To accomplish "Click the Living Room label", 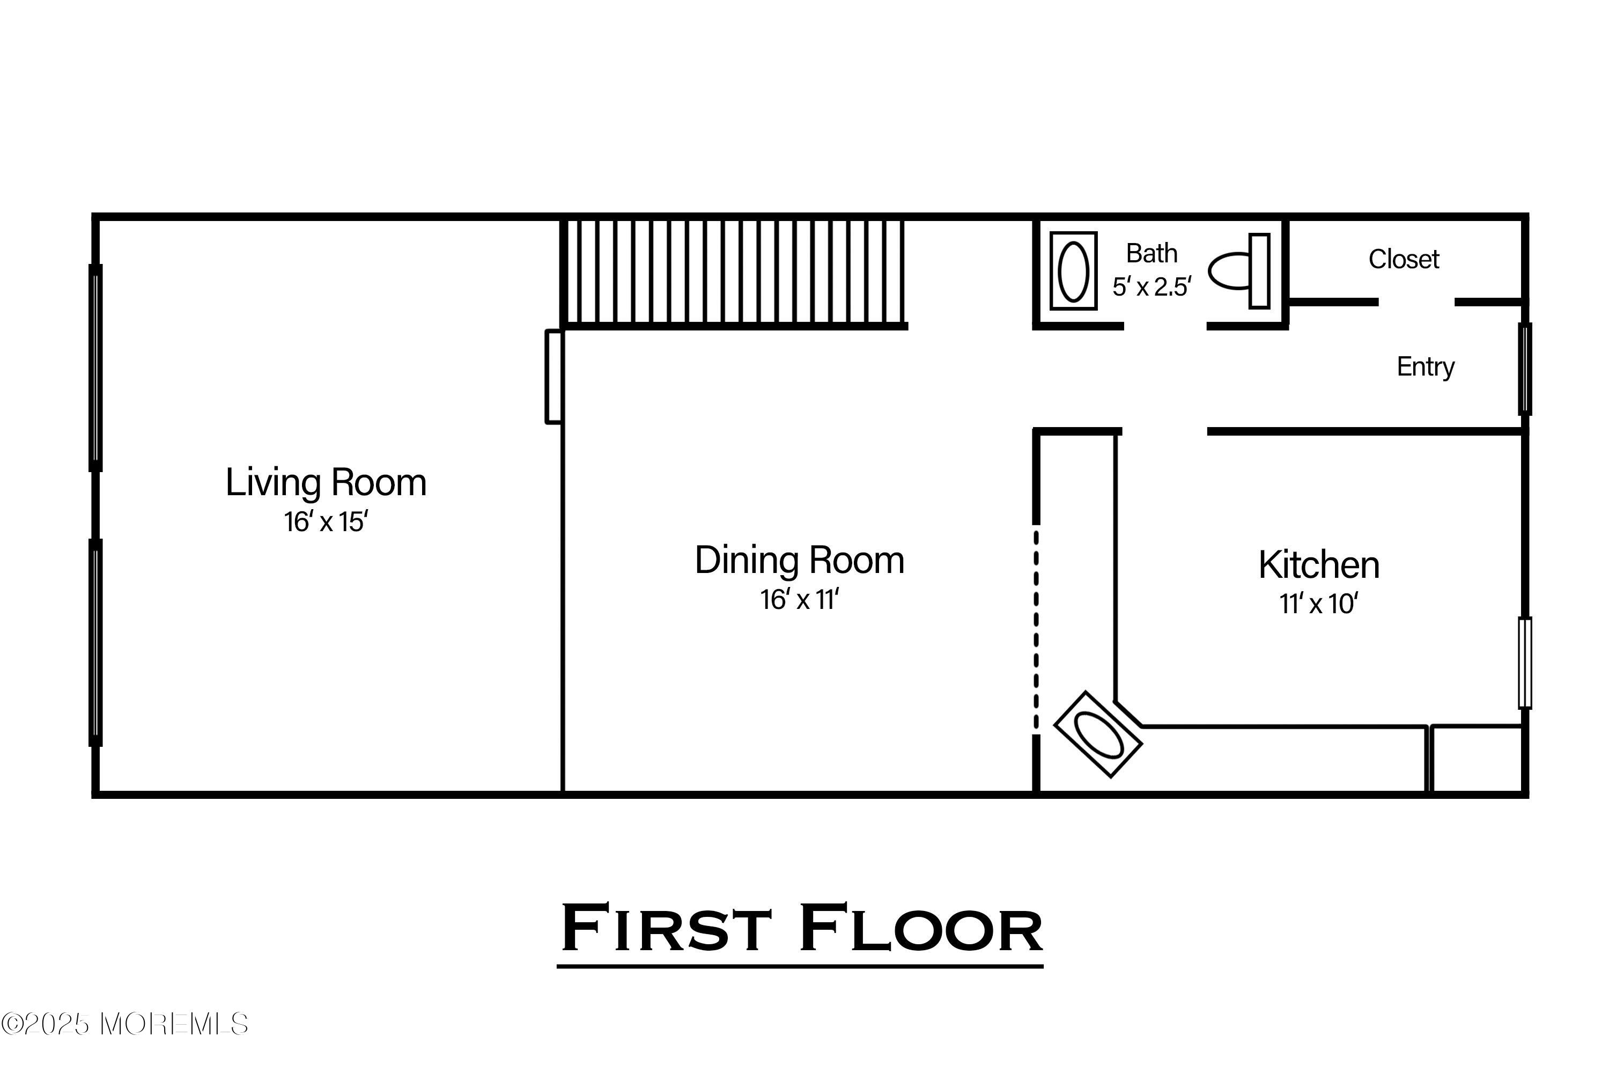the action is pos(326,482).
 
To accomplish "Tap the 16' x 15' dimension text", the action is pos(326,522).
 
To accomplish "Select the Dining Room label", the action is pos(799,561).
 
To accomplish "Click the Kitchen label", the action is pos(1319,565).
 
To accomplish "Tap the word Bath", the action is pos(1152,254).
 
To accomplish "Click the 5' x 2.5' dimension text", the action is pos(1152,286).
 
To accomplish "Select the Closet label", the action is pos(1404,259).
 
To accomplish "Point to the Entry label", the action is pos(1426,368).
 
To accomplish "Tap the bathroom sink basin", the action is pos(1073,271).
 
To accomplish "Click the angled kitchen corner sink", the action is pos(1098,734).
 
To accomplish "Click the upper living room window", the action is pos(96,368).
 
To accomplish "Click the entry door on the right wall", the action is pos(1525,369).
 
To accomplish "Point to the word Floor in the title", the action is pos(921,929).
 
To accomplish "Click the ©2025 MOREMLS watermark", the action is pos(124,1024).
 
